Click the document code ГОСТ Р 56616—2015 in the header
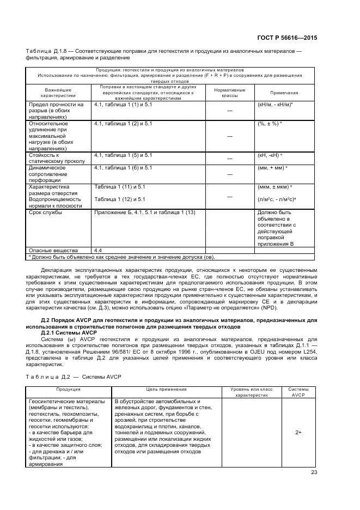(286, 39)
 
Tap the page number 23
(313, 472)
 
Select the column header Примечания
(284, 93)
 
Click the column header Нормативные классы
(229, 93)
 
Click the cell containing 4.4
(99, 250)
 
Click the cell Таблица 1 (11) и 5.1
(120, 187)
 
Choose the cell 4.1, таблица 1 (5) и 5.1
(124, 155)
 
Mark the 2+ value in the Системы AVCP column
(298, 432)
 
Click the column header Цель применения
(166, 390)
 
